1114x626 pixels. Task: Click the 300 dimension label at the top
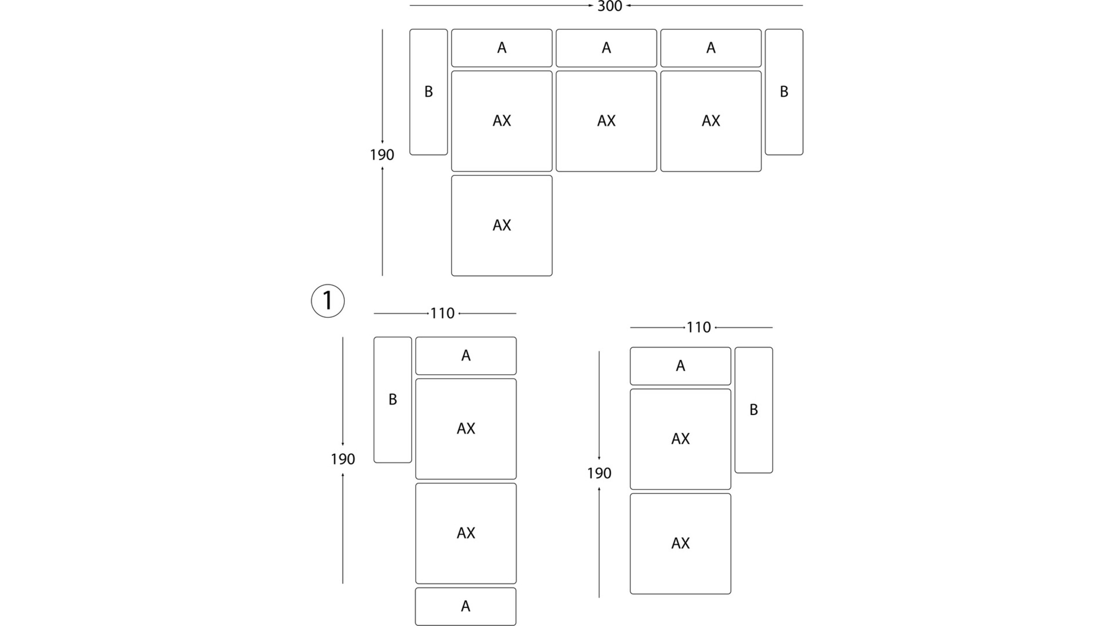(609, 6)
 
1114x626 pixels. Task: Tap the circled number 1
(328, 301)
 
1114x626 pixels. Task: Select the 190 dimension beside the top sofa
(382, 155)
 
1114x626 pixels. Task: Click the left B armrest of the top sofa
(429, 92)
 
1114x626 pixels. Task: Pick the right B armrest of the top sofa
(784, 92)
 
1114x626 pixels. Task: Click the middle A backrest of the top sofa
(606, 48)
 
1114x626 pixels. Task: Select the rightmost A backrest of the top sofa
(711, 48)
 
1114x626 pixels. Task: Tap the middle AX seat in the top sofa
(606, 121)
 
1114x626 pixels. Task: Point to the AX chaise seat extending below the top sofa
(502, 225)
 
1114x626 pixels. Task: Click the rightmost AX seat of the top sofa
(711, 121)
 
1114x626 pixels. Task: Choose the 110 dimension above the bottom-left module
(443, 313)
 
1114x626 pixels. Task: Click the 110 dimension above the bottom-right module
(699, 327)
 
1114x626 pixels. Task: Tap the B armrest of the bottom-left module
(393, 400)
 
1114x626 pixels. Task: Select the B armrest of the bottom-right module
(754, 410)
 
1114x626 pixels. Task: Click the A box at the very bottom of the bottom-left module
(466, 606)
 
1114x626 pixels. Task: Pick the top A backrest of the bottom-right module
(681, 366)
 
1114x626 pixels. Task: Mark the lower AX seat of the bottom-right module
(681, 543)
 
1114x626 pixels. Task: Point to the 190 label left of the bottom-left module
(343, 459)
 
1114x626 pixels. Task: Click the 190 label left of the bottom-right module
(599, 473)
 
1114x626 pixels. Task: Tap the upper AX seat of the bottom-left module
(466, 429)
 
